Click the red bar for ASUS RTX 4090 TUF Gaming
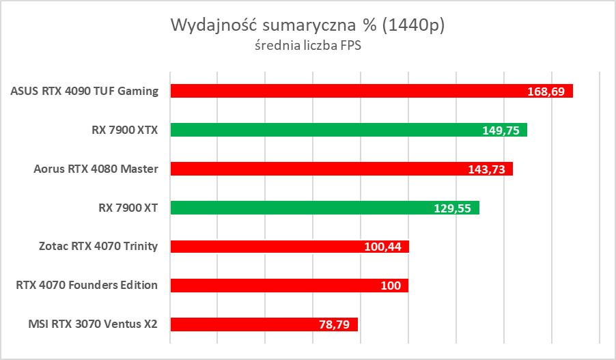point(341,91)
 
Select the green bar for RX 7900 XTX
point(328,130)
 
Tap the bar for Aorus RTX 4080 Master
point(321,169)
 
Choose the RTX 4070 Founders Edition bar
point(273,286)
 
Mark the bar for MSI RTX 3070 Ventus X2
point(239,324)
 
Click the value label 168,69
point(546,92)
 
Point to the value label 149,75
point(501,130)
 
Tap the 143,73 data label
point(486,169)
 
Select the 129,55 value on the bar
point(452,208)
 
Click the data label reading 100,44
point(382,247)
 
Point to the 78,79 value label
point(334,325)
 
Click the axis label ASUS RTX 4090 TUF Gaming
point(85,91)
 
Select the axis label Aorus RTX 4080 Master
point(96,169)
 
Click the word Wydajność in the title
point(208,26)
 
